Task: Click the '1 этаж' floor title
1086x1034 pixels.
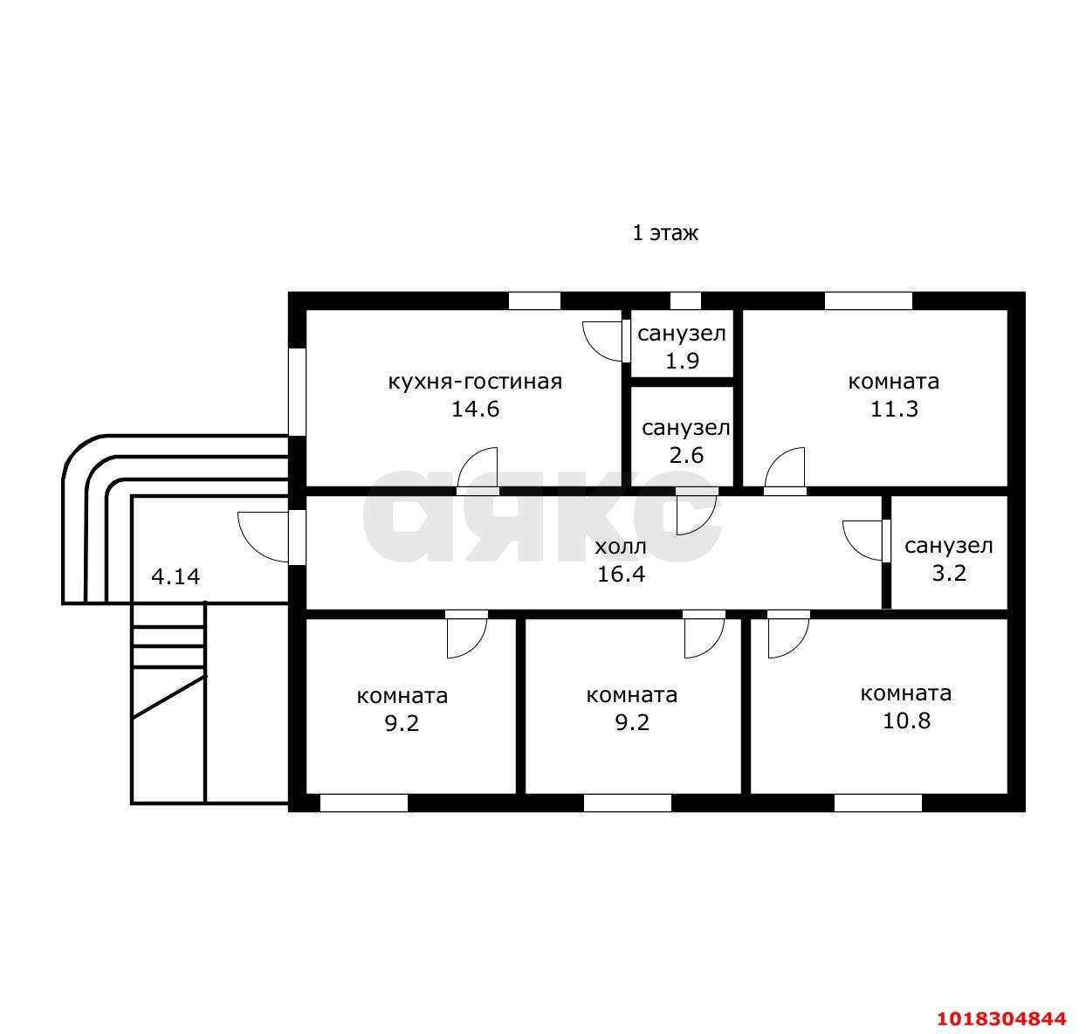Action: point(664,233)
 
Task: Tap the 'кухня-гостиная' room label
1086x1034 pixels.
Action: point(475,382)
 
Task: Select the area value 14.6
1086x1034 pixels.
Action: point(475,409)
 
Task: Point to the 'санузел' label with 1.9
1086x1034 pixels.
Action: point(681,334)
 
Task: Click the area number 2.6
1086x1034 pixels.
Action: point(686,455)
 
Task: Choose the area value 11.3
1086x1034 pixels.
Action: point(894,409)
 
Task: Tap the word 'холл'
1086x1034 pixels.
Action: point(621,547)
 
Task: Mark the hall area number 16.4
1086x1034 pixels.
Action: point(621,574)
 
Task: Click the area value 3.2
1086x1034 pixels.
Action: point(949,573)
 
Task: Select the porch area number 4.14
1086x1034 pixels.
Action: point(175,577)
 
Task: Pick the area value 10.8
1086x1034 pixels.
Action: point(906,720)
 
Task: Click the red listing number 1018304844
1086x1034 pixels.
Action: point(1002,1018)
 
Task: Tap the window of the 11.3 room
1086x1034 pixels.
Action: point(869,301)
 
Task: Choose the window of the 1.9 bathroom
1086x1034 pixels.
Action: point(685,301)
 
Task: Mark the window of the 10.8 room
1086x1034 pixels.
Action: point(877,803)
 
